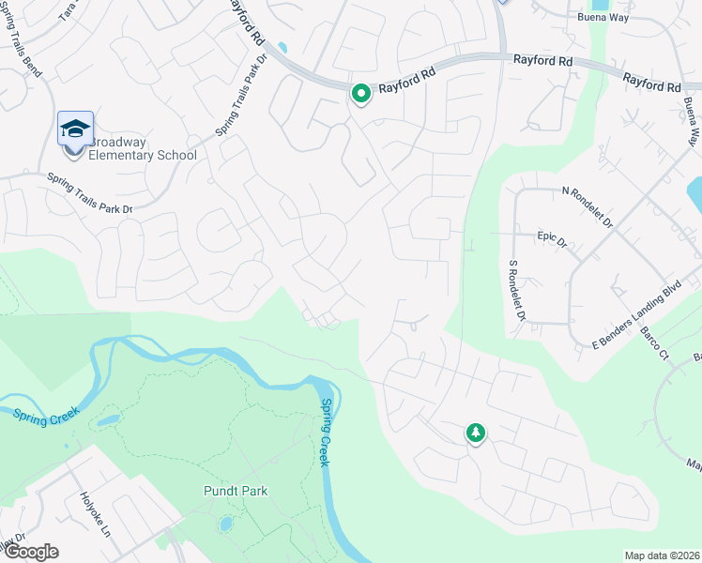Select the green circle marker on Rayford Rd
[360, 94]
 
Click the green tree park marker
[476, 433]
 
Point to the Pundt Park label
[236, 491]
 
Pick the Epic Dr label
[553, 241]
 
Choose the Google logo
[30, 552]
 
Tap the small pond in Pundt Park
[225, 524]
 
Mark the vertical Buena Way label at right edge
[691, 121]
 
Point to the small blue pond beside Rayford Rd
[282, 47]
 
